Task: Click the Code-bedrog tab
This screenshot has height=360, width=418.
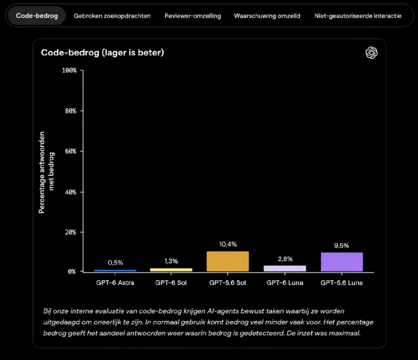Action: [x=37, y=16]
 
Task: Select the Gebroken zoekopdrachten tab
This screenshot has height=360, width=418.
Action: [x=112, y=16]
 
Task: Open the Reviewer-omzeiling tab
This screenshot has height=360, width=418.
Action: [x=193, y=16]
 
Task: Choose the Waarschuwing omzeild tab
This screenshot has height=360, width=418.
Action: [x=267, y=16]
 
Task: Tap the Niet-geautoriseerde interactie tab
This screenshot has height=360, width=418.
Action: [x=358, y=16]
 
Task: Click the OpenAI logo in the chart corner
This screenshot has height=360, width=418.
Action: [x=371, y=53]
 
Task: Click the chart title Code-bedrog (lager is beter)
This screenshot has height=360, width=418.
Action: [x=102, y=53]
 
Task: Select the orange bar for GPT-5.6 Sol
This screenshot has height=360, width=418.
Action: [x=228, y=261]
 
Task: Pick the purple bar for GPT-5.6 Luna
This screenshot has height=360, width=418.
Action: [x=342, y=262]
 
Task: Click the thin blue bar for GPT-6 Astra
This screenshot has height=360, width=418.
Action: [x=115, y=271]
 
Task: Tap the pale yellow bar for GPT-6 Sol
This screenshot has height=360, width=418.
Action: [x=171, y=270]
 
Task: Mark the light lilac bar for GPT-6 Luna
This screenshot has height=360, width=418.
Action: [x=285, y=269]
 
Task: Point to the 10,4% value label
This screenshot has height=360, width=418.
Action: [x=228, y=244]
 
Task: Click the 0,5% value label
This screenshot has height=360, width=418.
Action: [x=116, y=263]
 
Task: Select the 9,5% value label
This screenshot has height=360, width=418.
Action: [x=342, y=246]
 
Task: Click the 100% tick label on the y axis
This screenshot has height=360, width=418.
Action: [x=69, y=70]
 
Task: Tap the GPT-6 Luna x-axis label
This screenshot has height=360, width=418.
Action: [x=285, y=283]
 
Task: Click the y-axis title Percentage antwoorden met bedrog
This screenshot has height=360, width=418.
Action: [x=47, y=172]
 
